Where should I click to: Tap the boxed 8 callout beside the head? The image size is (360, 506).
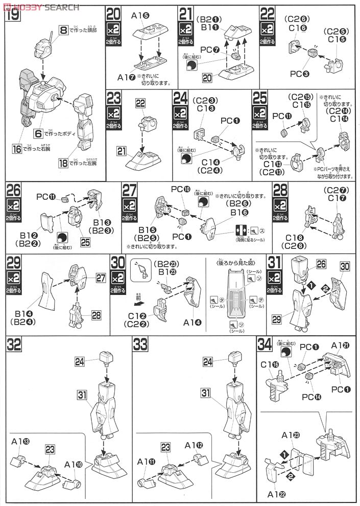64,31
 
